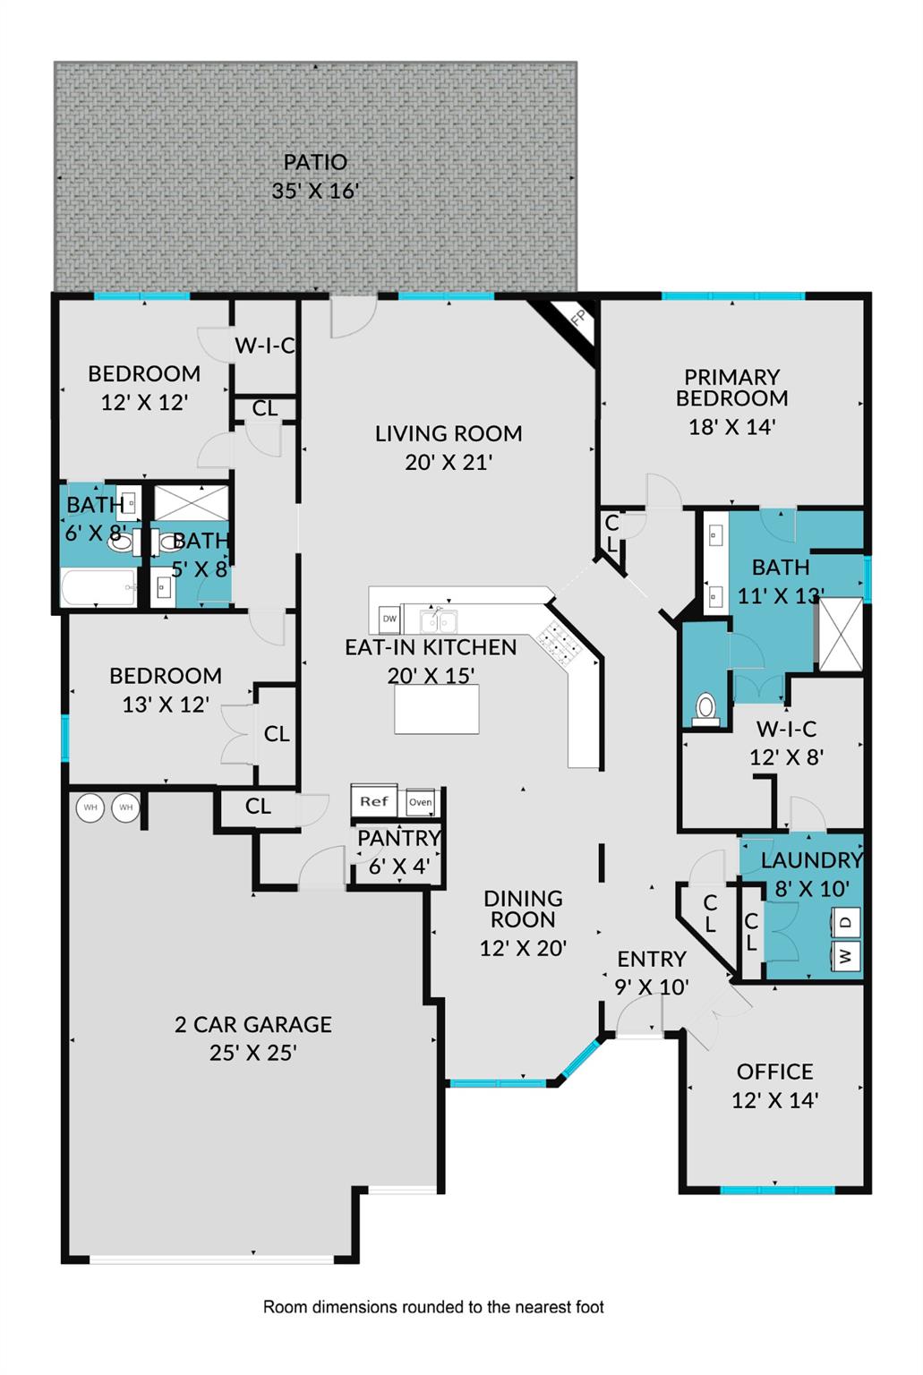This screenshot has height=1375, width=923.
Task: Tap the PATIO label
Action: (x=315, y=163)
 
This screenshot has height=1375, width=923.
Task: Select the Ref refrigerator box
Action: (x=374, y=801)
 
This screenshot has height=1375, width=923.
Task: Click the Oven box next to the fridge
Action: (x=420, y=802)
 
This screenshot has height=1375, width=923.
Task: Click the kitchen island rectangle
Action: (x=436, y=709)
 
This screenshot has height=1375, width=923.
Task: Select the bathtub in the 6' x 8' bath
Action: (x=98, y=588)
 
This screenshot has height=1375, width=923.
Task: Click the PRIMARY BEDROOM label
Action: (x=731, y=388)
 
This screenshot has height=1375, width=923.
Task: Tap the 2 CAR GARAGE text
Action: (x=253, y=1024)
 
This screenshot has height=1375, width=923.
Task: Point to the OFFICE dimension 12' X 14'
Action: (x=774, y=1100)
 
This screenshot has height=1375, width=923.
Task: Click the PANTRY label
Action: (x=398, y=839)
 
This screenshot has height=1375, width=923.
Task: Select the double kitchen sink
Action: (x=439, y=620)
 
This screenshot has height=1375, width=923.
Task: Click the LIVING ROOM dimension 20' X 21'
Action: (x=449, y=462)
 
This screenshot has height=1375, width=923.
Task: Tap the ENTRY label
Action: (x=651, y=959)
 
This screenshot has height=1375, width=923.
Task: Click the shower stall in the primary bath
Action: (x=841, y=634)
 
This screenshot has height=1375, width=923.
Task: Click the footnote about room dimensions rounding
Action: (x=433, y=1307)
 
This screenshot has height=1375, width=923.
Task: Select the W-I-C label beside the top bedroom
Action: (x=264, y=346)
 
